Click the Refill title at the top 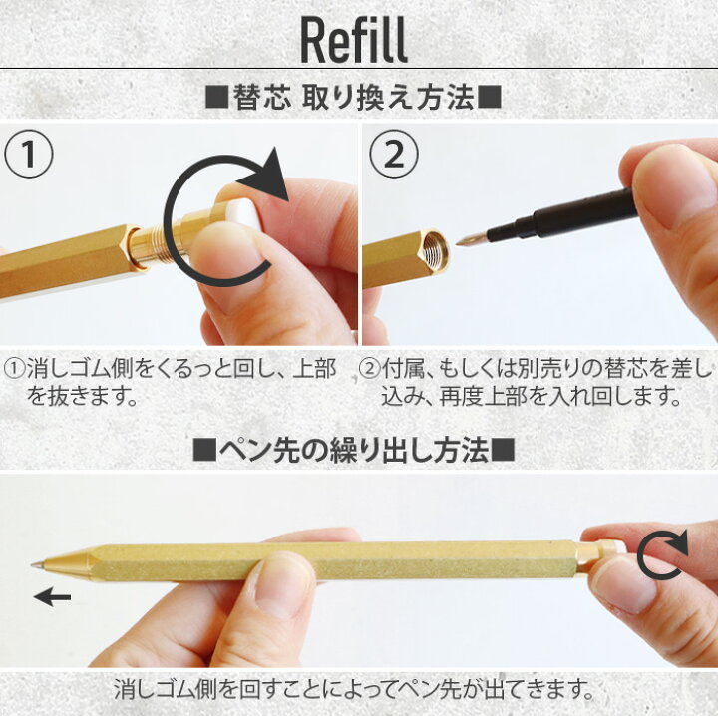(354, 40)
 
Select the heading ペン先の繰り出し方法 (353, 451)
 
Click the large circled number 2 (391, 157)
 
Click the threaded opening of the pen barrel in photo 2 (435, 251)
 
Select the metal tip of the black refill (470, 239)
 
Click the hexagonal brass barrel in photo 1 (60, 264)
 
